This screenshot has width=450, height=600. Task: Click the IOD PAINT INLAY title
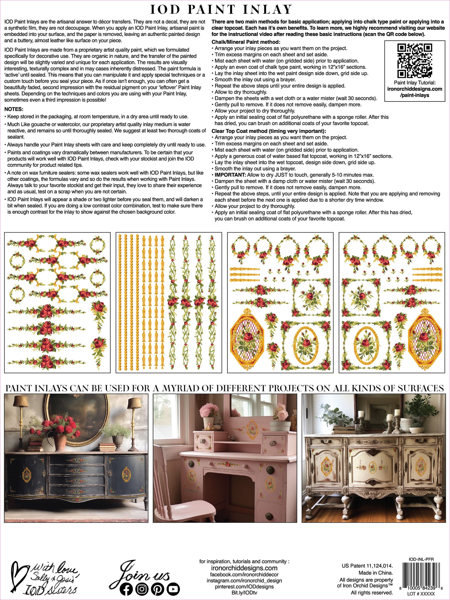221,10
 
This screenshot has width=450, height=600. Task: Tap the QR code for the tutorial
415,61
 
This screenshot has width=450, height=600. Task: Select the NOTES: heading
14,109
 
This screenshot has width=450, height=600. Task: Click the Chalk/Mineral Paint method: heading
246,42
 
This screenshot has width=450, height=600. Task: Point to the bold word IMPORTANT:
230,175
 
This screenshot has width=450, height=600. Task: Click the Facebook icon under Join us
126,589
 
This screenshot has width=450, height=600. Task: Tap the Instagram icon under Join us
142,589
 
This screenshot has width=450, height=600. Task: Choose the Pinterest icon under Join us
157,589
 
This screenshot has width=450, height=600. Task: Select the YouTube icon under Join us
173,589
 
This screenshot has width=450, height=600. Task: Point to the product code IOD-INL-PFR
421,559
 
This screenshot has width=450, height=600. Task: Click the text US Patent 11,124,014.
367,566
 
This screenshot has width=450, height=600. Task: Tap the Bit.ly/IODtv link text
244,593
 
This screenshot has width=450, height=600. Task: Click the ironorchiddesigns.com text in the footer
244,568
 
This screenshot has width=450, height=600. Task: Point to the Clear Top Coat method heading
268,131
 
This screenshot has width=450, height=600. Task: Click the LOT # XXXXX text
421,594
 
